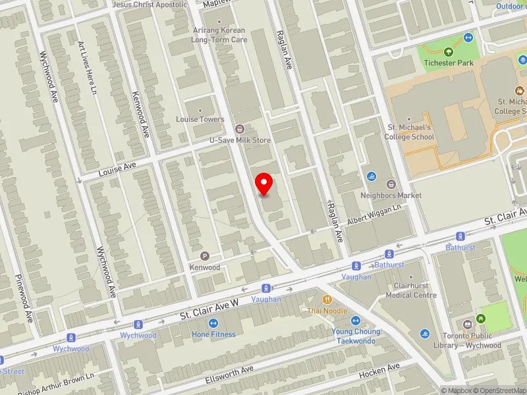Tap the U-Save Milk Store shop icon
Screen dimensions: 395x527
tap(239, 128)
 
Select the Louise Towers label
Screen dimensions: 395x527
tap(200, 120)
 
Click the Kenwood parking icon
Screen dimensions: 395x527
tap(204, 256)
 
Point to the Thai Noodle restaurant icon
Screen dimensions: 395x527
tap(327, 300)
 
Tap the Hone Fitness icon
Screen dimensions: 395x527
tap(213, 323)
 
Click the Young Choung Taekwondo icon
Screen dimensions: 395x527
tap(355, 321)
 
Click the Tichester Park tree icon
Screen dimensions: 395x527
tap(449, 52)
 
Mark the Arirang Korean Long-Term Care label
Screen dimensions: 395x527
tap(219, 35)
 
